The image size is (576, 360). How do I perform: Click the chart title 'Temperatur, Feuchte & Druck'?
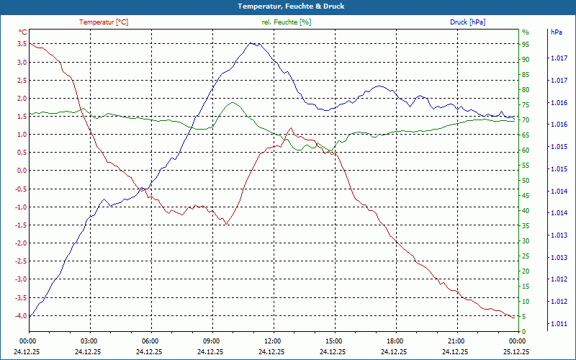[288, 6]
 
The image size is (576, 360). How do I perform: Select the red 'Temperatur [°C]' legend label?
[104, 22]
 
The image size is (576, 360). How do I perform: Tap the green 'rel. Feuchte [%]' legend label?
[287, 22]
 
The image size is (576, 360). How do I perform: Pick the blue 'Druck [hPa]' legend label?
[467, 22]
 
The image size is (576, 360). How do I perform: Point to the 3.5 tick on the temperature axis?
[22, 44]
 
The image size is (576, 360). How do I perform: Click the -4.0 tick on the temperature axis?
[21, 315]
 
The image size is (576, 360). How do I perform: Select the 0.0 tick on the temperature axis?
[22, 171]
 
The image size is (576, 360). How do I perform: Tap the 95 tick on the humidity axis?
[526, 44]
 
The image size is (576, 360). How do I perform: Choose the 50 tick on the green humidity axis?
[526, 180]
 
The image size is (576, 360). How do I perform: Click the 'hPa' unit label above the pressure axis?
[557, 32]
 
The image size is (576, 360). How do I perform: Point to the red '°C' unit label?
[22, 32]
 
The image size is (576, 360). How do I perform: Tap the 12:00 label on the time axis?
[272, 341]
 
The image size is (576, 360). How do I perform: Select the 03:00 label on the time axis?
[89, 341]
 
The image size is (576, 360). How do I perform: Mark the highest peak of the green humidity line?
[233, 102]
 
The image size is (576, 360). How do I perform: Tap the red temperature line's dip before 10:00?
[226, 224]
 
